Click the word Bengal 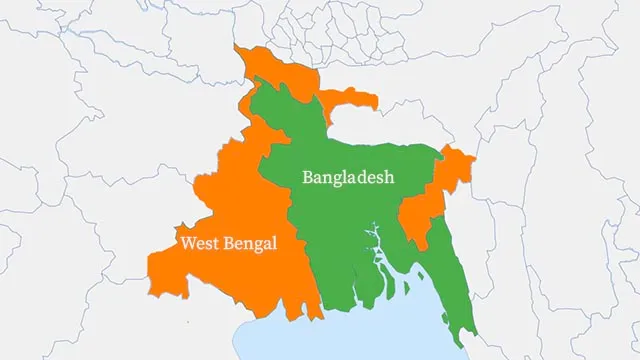coord(249,243)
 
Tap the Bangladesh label coord(348,177)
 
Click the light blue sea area coord(330,340)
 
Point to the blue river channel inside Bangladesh coord(377,255)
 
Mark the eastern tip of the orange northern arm coord(376,100)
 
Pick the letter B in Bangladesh coord(308,177)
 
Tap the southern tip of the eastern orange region coord(424,249)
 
